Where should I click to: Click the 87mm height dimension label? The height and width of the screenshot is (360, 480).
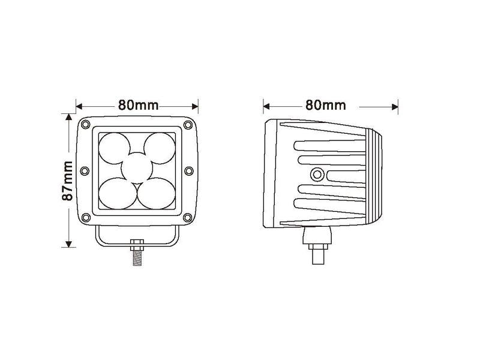[x=67, y=181]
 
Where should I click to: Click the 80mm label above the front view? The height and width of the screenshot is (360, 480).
[x=139, y=106]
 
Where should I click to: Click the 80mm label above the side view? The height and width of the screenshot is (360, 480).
[x=326, y=106]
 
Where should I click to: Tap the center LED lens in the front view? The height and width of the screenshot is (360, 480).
[x=137, y=168]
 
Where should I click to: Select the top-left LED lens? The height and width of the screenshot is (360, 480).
[x=114, y=148]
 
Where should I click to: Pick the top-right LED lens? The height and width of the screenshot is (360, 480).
[x=160, y=148]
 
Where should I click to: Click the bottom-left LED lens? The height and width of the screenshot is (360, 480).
[x=118, y=193]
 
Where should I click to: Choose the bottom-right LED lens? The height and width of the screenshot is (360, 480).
[x=157, y=193]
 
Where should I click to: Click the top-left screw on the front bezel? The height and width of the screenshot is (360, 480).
[x=86, y=124]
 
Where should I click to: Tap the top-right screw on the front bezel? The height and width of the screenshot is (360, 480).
[x=188, y=125]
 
